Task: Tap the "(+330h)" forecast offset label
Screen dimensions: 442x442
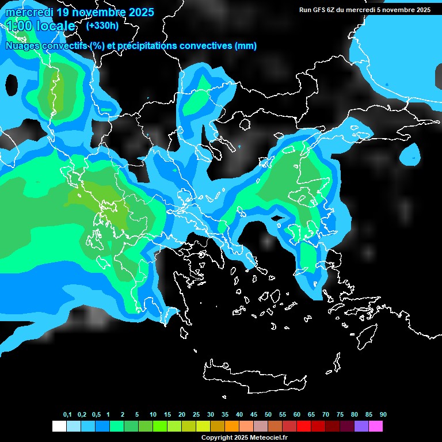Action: click(x=102, y=25)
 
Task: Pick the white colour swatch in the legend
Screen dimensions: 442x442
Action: click(x=59, y=426)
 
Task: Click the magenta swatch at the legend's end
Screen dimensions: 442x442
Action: click(x=376, y=426)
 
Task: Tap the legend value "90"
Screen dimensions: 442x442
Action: click(x=383, y=414)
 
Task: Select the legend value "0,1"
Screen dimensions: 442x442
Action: click(x=67, y=414)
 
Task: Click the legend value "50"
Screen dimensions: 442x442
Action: click(x=268, y=414)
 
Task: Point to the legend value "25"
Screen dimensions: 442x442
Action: click(x=196, y=414)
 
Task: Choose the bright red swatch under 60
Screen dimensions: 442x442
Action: click(x=304, y=426)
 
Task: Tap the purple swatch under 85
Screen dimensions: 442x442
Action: click(x=361, y=426)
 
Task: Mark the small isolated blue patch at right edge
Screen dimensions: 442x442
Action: click(x=410, y=154)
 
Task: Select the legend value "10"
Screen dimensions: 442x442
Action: click(x=153, y=414)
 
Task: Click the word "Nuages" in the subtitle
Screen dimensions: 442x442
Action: click(x=22, y=46)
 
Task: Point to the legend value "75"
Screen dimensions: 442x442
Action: click(x=340, y=414)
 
